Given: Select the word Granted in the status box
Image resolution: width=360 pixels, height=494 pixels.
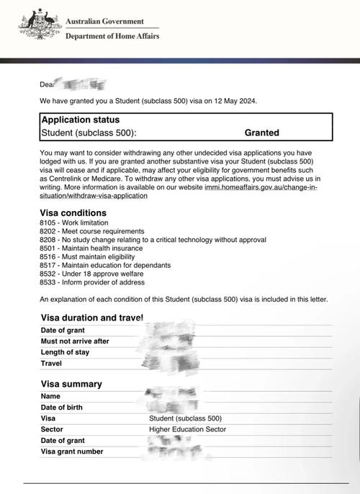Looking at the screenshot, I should pos(261,133).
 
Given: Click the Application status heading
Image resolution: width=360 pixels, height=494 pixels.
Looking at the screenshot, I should pos(81,120).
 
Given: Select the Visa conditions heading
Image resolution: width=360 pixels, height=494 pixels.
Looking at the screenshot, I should pos(73,213).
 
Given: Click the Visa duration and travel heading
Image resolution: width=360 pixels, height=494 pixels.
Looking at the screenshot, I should pos(92,318).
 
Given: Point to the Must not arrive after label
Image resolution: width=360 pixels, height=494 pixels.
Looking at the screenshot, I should pos(75,341).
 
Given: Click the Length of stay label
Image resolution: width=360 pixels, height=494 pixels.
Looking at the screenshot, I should pos(66,352).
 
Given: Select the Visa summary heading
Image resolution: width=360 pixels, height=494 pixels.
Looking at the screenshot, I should pos(71,384).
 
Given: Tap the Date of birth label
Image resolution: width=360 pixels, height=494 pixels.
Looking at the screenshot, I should pos(61,407).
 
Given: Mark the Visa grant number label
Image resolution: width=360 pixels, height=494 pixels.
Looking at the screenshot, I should pos(72,452).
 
